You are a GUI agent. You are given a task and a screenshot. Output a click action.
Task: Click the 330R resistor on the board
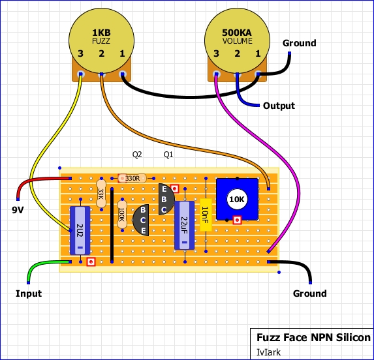(132, 178)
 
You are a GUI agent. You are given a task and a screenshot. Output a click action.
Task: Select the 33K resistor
(101, 194)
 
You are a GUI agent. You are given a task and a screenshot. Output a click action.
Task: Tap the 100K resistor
(122, 215)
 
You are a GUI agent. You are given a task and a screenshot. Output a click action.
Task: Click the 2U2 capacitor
(80, 231)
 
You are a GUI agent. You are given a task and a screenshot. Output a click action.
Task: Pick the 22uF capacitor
(184, 225)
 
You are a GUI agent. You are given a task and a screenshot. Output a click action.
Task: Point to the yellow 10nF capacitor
(206, 215)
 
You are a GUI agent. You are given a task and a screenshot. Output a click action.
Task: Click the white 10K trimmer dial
(237, 199)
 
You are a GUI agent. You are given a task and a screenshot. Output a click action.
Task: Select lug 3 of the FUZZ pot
(81, 74)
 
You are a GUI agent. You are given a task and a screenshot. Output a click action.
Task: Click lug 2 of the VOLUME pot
(237, 74)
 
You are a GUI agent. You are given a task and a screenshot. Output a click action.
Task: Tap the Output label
(279, 106)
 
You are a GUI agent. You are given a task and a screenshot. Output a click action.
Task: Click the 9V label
(18, 210)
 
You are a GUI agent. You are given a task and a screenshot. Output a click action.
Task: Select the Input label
(29, 293)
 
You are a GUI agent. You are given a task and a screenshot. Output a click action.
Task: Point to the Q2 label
(137, 155)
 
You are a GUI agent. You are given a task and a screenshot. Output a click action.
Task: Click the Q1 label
(168, 155)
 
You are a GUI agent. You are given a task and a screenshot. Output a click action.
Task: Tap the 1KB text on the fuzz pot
(101, 33)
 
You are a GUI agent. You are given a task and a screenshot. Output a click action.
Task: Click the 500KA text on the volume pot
(237, 33)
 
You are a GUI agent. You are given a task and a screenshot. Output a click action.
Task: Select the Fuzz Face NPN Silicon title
(313, 337)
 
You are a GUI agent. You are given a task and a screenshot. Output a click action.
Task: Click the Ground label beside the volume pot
(300, 43)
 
